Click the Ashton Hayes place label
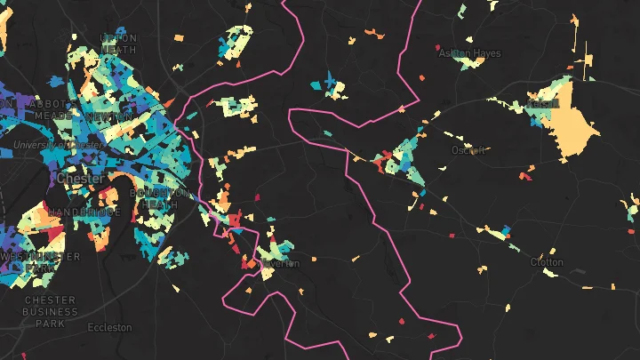click(469, 53)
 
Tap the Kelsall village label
click(542, 104)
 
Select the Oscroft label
click(468, 150)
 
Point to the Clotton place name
click(547, 262)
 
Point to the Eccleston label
click(109, 327)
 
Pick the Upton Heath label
click(119, 44)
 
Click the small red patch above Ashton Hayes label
click(436, 47)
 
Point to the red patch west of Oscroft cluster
click(377, 164)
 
